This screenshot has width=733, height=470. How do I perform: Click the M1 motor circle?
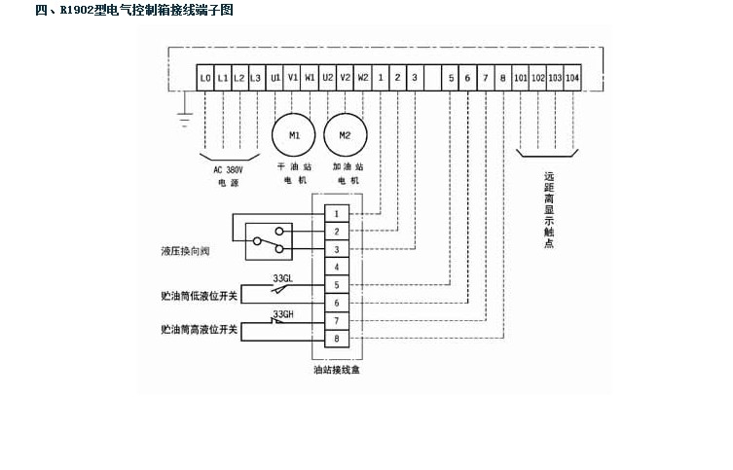click(294, 135)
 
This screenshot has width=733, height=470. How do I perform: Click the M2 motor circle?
click(345, 135)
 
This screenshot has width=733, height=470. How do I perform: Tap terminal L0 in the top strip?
click(204, 77)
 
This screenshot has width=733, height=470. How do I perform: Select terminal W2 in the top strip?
click(362, 77)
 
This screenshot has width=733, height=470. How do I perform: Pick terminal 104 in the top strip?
click(572, 77)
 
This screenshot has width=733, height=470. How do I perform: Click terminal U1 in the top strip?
click(275, 77)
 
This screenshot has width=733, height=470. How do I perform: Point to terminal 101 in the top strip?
click(520, 77)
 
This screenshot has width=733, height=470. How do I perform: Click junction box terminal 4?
click(336, 267)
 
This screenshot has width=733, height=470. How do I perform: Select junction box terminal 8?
click(336, 339)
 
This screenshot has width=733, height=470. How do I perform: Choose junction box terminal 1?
click(336, 213)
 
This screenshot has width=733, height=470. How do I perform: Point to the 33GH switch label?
click(283, 315)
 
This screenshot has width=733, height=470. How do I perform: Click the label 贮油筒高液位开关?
click(200, 330)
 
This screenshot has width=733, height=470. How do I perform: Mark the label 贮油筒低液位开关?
click(200, 294)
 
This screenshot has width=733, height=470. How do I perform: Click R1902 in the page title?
click(77, 11)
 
